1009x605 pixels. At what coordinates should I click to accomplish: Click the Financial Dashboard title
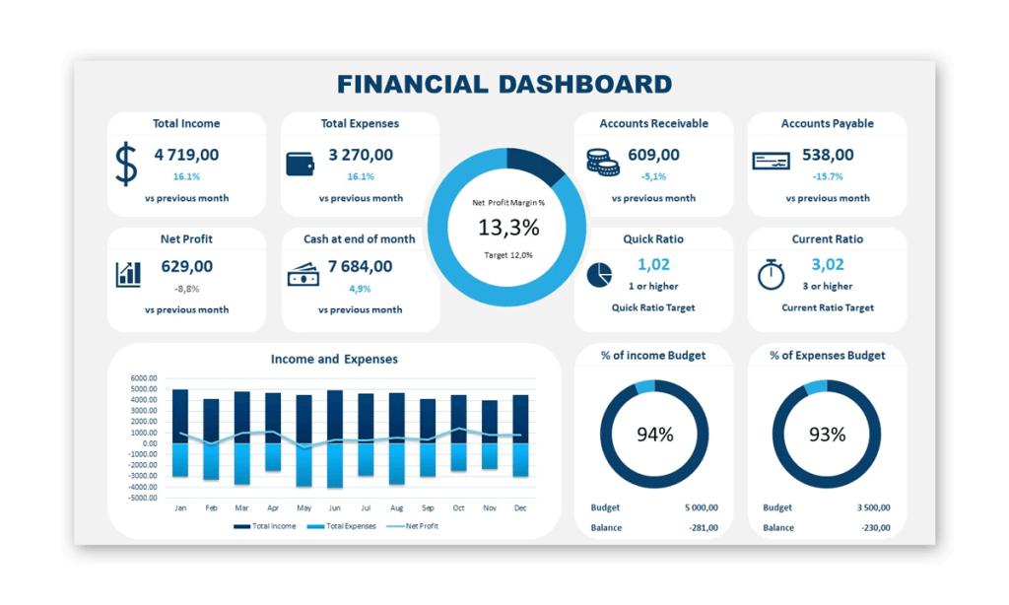[x=504, y=85]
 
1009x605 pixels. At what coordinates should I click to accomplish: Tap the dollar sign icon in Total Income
[x=126, y=164]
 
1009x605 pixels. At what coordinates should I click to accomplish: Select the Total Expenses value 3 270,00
[x=361, y=155]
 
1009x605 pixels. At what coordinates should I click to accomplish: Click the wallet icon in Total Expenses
[x=300, y=164]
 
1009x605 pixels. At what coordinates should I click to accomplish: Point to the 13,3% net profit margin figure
[x=508, y=228]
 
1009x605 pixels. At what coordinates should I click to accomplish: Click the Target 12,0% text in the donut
[x=508, y=255]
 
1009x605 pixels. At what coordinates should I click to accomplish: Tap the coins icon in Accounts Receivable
[x=602, y=162]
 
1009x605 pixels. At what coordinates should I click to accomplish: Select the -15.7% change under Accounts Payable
[x=828, y=176]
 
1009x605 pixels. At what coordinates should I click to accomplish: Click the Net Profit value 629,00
[x=186, y=266]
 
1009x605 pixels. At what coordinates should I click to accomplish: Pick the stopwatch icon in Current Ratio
[x=771, y=275]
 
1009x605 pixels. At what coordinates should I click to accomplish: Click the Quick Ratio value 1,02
[x=653, y=264]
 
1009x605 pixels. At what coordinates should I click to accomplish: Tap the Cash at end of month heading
[x=360, y=238]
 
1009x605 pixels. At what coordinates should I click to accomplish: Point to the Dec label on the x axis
[x=519, y=508]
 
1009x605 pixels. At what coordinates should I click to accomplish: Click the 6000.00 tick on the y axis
[x=144, y=378]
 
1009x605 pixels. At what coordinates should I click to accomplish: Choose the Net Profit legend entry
[x=414, y=526]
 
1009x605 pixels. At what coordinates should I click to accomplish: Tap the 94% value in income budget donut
[x=654, y=434]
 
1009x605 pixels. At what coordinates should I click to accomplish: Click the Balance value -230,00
[x=872, y=527]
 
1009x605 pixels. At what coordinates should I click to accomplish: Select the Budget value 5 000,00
[x=701, y=507]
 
